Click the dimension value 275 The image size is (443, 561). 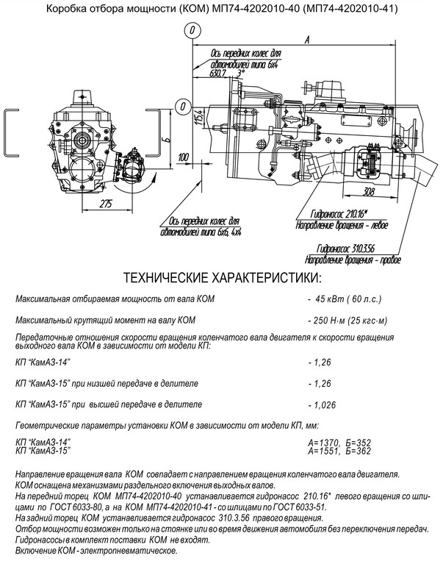tap(106, 204)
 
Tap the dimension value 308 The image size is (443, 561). tap(369, 191)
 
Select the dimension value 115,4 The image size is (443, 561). tap(201, 118)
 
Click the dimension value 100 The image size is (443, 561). tap(183, 157)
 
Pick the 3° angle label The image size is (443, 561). tap(241, 74)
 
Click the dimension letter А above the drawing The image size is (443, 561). tap(306, 40)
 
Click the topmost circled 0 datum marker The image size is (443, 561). tap(192, 30)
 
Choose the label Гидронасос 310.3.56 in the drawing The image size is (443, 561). tap(346, 249)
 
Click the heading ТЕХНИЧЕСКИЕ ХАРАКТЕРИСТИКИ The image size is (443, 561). tap(222, 278)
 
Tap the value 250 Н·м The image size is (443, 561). tap(325, 321)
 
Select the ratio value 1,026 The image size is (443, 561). tap(325, 405)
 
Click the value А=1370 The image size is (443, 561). tap(323, 443)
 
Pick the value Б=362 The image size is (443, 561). tap(359, 451)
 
